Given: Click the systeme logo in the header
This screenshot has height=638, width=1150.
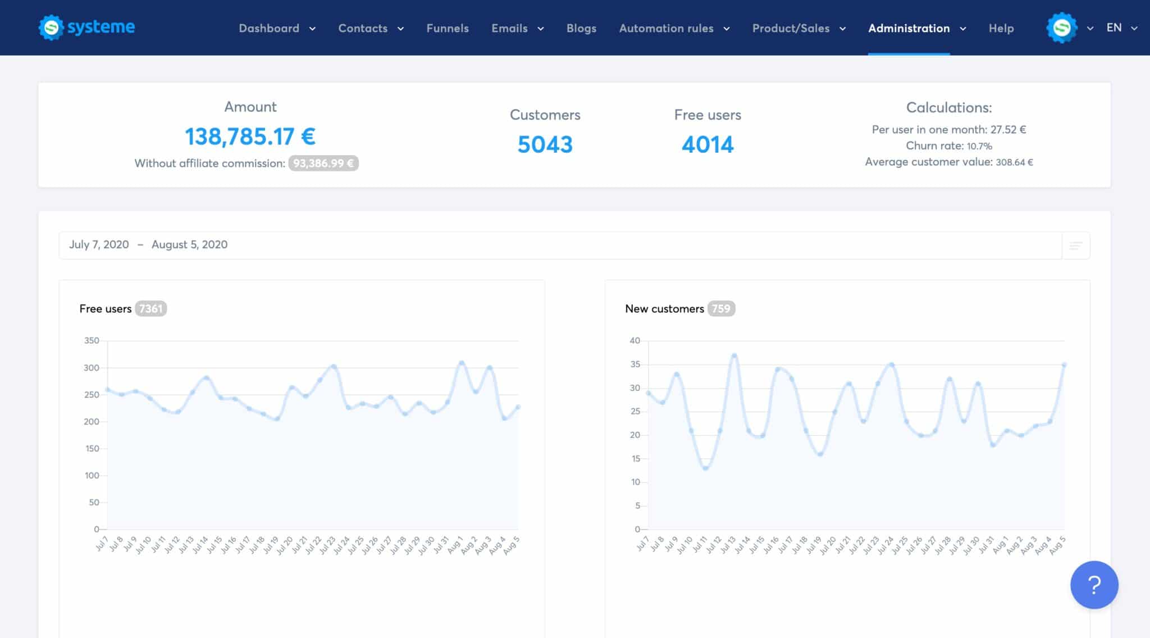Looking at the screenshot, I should [x=86, y=28].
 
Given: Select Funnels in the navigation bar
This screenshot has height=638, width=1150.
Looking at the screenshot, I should [x=447, y=28].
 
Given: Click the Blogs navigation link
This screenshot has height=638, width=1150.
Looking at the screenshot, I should [x=581, y=28].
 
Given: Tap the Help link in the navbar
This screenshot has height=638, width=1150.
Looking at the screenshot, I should [x=1001, y=28].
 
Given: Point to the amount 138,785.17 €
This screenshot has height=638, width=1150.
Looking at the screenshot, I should [x=250, y=136].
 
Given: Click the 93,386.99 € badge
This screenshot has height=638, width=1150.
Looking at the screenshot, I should [x=323, y=163].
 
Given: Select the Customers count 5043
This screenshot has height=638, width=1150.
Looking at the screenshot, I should [x=545, y=145].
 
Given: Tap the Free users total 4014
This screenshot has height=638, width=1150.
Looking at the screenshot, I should [x=708, y=145].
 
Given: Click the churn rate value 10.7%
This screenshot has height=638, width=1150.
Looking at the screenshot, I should [x=979, y=146].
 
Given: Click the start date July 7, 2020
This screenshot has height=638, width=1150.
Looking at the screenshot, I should [x=99, y=245].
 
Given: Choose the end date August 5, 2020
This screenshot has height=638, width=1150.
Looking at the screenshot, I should [x=189, y=245].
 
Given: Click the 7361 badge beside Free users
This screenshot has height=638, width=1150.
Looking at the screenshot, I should [x=150, y=309].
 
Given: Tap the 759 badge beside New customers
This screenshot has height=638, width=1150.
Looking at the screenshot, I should [x=721, y=309].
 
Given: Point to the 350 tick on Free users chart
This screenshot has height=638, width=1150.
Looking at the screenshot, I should [x=92, y=340].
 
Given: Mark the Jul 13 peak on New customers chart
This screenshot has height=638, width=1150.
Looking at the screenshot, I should [x=734, y=356].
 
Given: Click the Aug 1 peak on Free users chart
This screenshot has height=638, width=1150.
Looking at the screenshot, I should [x=462, y=363].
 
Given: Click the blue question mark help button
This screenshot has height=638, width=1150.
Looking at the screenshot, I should [x=1094, y=585].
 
